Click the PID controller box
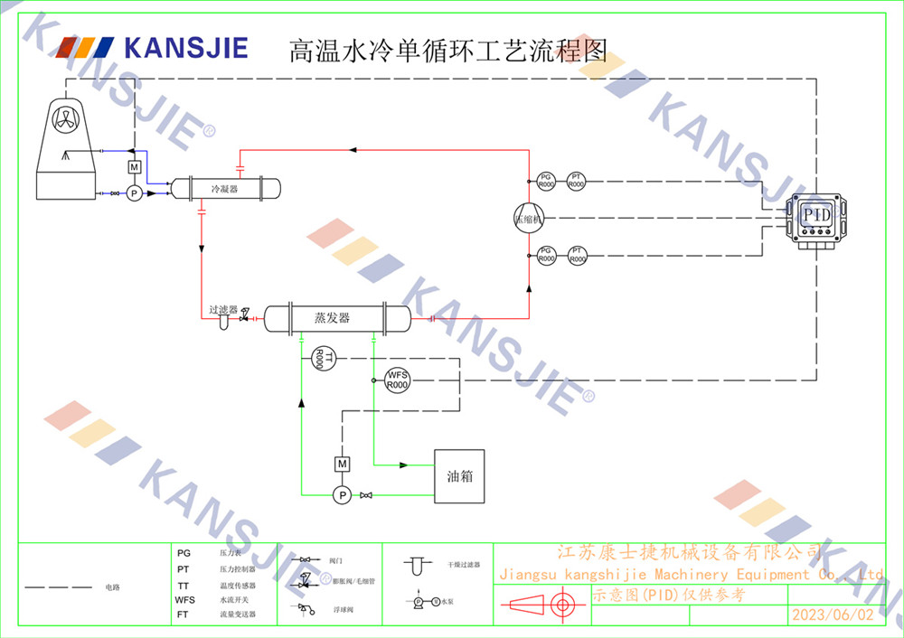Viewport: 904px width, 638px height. point(816,218)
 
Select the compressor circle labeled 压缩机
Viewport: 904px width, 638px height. point(528,218)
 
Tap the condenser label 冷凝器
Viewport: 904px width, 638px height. point(224,189)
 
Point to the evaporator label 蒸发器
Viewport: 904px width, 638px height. point(333,318)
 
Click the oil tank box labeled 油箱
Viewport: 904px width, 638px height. point(459,476)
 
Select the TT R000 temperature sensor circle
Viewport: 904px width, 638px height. point(322,358)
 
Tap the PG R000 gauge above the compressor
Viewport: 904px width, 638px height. point(546,181)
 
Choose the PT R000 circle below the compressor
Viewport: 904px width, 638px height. point(578,255)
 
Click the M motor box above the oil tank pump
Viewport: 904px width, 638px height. point(342,464)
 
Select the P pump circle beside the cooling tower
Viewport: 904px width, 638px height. point(133,193)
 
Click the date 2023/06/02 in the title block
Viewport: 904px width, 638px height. point(833,615)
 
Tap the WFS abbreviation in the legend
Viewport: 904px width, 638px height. point(184,599)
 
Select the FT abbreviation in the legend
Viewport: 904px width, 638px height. point(184,614)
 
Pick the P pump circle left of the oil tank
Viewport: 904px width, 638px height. point(342,495)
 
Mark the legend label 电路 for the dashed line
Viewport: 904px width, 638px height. point(112,587)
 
